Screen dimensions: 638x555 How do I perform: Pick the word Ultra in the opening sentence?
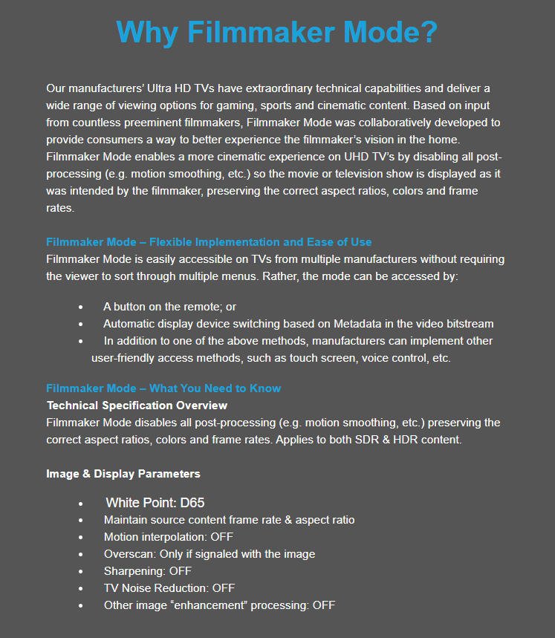(153, 88)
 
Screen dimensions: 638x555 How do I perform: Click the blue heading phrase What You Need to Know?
(215, 388)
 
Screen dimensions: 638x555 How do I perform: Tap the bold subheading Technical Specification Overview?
(137, 406)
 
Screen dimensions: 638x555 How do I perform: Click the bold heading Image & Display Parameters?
(123, 474)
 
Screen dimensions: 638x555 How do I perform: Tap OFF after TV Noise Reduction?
(223, 588)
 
